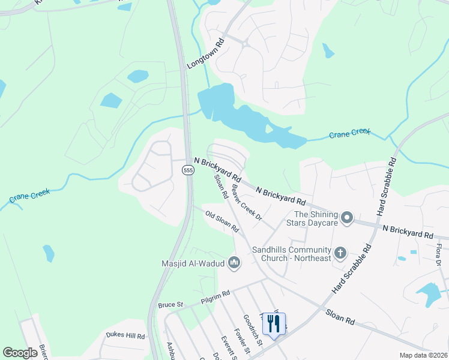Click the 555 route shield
click(x=188, y=170)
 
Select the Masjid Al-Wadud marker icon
click(x=234, y=263)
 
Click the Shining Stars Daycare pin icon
click(x=347, y=218)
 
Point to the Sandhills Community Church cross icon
click(x=340, y=253)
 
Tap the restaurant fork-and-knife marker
click(x=274, y=325)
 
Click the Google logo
click(x=20, y=353)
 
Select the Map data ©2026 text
click(x=423, y=355)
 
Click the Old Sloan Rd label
click(x=222, y=221)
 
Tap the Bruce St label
click(x=170, y=305)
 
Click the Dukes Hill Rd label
click(x=125, y=336)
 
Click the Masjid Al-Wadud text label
click(x=192, y=263)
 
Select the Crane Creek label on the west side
click(x=29, y=196)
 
